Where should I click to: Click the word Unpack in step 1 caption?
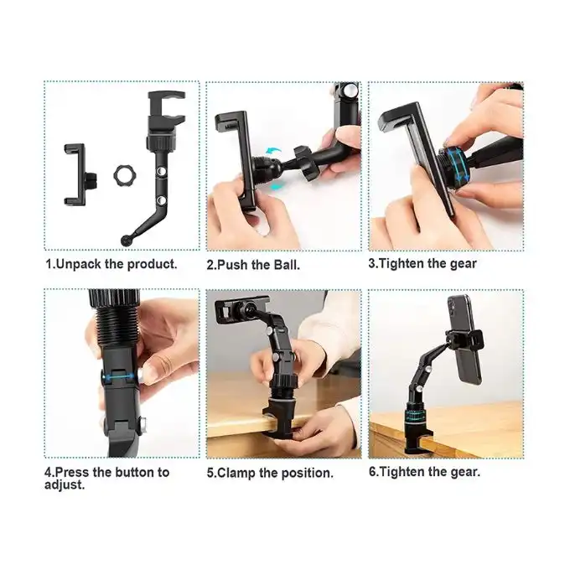(79, 264)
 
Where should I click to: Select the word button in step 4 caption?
(134, 472)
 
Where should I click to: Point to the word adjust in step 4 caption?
(64, 485)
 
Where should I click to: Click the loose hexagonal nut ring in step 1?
(122, 176)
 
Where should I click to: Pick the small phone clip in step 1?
(79, 175)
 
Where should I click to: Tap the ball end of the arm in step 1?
(127, 241)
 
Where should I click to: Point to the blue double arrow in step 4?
(117, 377)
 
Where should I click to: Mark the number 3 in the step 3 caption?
(371, 263)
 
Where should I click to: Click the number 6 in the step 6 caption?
(372, 471)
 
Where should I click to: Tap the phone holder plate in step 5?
(241, 309)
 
